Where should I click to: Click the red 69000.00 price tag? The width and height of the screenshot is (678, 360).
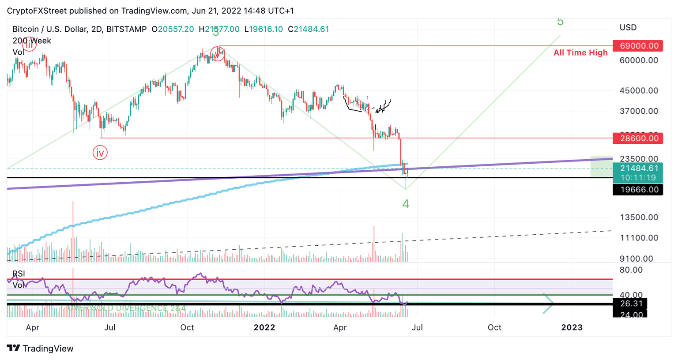coord(638,46)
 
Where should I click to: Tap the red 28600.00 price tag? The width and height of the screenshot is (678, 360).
coord(638,139)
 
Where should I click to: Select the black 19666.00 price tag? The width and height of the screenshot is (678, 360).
coord(638,190)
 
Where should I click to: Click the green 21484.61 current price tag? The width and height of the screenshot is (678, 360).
coord(638,169)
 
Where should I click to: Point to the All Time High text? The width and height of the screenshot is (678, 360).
coord(580,53)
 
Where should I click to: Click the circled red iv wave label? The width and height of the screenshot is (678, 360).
coord(100,153)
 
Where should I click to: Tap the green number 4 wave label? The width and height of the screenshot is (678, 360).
coord(406,204)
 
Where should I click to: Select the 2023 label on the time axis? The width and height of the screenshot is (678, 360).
coord(572,327)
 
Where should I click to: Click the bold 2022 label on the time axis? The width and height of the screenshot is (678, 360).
coord(264,327)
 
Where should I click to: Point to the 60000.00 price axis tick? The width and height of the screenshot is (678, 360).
coord(639,60)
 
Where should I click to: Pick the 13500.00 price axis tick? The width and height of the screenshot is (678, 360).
coord(639,217)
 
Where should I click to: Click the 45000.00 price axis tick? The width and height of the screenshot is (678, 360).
coord(639,91)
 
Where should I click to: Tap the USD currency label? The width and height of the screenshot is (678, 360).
coord(628,28)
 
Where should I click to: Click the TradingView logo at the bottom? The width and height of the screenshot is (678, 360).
coord(40,349)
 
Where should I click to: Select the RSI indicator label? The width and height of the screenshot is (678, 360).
coord(19,274)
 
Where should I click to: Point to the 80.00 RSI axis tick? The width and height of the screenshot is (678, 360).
coord(631,270)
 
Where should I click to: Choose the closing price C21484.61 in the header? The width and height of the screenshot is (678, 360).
coord(309,30)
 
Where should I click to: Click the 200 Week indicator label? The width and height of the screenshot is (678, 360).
coord(32,41)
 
